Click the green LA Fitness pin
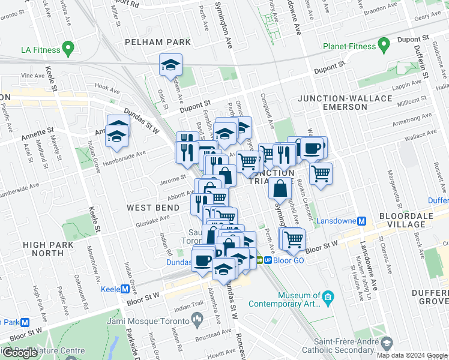[x=68, y=47]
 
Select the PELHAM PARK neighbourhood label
[x=157, y=42]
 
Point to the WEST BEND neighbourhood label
[x=152, y=208]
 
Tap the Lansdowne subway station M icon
[x=361, y=221]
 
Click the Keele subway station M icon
[x=125, y=289]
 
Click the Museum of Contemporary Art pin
[x=328, y=296]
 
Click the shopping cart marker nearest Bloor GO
[x=293, y=239]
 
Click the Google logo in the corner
[x=20, y=353]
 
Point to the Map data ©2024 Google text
[x=412, y=355]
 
